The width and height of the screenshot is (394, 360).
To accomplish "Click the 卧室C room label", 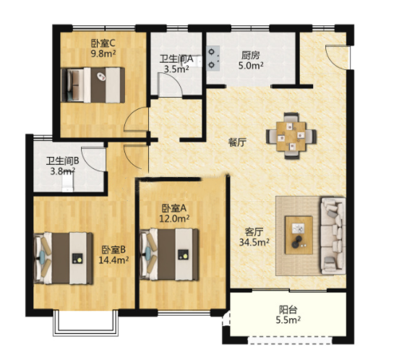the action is click(x=103, y=43).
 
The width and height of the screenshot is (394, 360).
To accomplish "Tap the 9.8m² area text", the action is click(x=103, y=53).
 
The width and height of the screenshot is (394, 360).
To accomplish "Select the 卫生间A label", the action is click(x=176, y=59).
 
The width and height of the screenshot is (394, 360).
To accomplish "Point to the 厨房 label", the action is click(x=251, y=55).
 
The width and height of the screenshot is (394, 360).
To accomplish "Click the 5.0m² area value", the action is click(x=251, y=66).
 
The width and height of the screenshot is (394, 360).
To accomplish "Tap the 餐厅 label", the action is click(x=237, y=142).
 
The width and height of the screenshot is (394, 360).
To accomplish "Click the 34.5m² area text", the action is click(x=254, y=242).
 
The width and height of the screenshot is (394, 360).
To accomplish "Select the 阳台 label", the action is click(x=288, y=309).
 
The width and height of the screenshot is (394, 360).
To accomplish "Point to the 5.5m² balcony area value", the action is click(x=288, y=320).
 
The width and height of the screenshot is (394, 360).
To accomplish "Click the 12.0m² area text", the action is click(x=174, y=218).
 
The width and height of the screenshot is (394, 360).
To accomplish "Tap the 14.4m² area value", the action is click(x=114, y=260).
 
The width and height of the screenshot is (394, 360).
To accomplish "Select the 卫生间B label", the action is click(x=63, y=161).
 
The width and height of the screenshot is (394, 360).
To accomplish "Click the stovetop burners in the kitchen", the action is click(x=213, y=57).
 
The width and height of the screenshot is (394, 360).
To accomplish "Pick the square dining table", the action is click(x=291, y=137).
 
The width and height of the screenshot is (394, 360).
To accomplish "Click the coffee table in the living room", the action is click(x=299, y=235).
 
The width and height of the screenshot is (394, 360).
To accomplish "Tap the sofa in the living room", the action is click(x=333, y=236).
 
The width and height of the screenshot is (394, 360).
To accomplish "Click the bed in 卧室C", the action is click(x=93, y=85).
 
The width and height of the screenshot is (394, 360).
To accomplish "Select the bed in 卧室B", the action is click(x=63, y=258).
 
